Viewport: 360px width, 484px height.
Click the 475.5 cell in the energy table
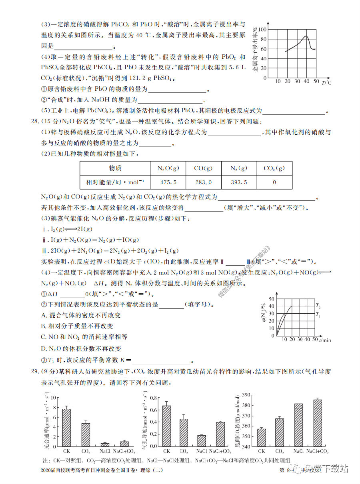click(x=168, y=182)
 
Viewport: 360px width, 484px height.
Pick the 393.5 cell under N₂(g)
click(x=239, y=182)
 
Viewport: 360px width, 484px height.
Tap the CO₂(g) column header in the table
click(x=274, y=168)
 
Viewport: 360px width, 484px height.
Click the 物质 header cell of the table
click(x=115, y=168)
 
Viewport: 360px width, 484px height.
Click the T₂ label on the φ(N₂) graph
click(x=318, y=306)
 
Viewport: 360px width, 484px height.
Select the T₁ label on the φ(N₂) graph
click(x=318, y=315)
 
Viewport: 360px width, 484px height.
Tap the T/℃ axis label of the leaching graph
click(x=326, y=83)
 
